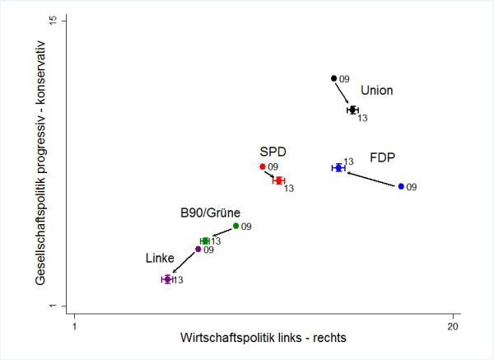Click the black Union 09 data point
[x=333, y=78]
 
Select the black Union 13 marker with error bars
[x=353, y=110]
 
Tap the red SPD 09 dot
[x=263, y=166]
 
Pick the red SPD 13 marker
[x=279, y=180]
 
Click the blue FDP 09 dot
[x=401, y=187]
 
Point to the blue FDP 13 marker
[x=338, y=167]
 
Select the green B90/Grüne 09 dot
[x=235, y=226]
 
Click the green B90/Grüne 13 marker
[x=205, y=241]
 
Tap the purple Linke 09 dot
[x=198, y=249]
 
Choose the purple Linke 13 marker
[x=168, y=279]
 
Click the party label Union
[x=377, y=91]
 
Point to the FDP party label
[x=382, y=157]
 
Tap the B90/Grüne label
[x=210, y=212]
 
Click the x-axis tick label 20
[x=453, y=325]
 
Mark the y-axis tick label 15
[x=52, y=20]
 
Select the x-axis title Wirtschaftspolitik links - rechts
[x=263, y=339]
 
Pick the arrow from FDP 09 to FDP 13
[x=370, y=178]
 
